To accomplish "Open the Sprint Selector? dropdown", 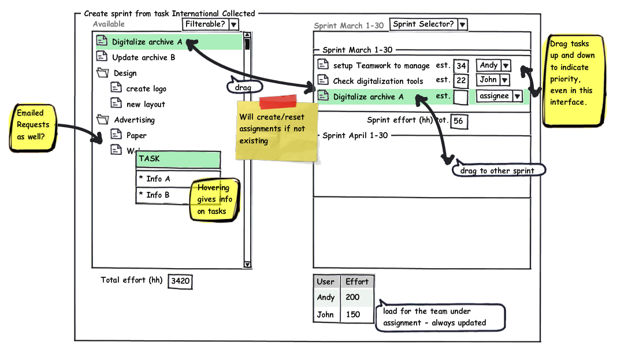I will pos(428,24).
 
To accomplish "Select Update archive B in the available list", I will pos(143,57).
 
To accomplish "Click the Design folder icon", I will pos(103,73).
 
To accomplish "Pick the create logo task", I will pos(146,88).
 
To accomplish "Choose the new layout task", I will pos(146,104).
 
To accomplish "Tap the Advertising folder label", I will pos(134,120).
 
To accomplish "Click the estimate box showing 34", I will pos(461,66).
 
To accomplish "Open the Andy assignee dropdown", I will pos(493,66).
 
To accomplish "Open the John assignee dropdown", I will pos(493,80).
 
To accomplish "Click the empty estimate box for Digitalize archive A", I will pos(461,97).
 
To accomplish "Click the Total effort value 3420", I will pos(180,281).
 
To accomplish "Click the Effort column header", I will pos(356,281).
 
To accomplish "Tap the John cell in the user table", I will pos(326,314).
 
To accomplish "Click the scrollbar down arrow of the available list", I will pos(248,264).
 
